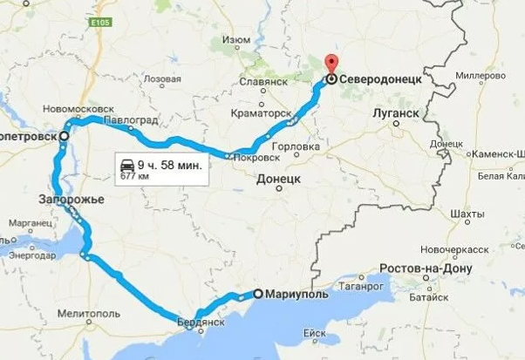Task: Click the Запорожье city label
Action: tap(72, 200)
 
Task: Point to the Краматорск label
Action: tap(262, 113)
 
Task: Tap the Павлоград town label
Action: tap(130, 119)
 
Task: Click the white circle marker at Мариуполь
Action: tap(257, 294)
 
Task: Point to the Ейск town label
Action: tap(314, 333)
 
